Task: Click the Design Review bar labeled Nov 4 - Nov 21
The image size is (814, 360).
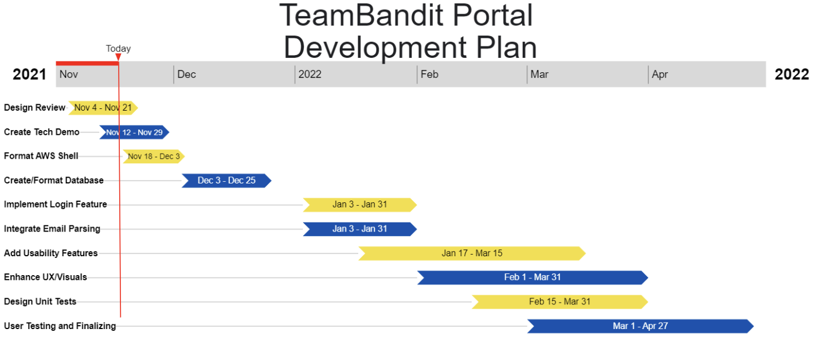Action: click(103, 108)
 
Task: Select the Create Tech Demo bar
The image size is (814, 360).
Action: click(135, 132)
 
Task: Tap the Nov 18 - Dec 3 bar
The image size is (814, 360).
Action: click(154, 156)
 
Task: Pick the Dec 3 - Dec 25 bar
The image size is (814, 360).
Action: click(226, 181)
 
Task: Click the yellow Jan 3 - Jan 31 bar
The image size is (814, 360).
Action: click(360, 205)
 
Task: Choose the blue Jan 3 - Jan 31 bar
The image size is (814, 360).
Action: click(360, 229)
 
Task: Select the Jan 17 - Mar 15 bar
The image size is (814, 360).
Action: click(472, 253)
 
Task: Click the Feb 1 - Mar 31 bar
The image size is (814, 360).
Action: click(533, 277)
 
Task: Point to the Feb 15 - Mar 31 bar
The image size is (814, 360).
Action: click(559, 302)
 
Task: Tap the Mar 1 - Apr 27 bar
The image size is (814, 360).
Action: click(640, 326)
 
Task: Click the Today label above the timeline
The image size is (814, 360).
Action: click(118, 49)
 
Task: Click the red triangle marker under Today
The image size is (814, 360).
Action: click(118, 57)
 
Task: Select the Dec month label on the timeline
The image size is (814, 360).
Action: click(186, 75)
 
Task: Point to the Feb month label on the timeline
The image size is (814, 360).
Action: click(429, 75)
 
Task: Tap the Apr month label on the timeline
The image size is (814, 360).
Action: click(660, 75)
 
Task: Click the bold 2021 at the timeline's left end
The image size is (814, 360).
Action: click(29, 75)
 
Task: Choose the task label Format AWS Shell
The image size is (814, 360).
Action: click(41, 156)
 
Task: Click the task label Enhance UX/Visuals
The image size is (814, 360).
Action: click(45, 277)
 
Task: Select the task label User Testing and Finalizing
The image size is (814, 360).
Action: click(60, 326)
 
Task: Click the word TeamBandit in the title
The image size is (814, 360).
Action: click(361, 15)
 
